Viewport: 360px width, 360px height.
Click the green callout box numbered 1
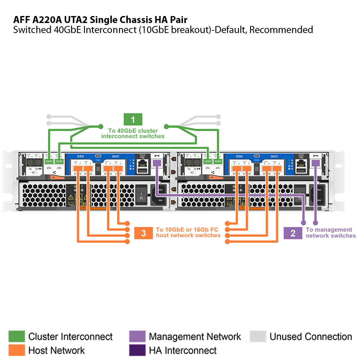point(133,119)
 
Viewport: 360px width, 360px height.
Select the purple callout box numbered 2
point(293,233)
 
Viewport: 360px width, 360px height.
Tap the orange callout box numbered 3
point(143,233)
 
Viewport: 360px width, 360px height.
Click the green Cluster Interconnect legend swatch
point(17,336)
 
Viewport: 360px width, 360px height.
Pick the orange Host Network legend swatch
point(17,350)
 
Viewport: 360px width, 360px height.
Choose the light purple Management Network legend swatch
point(137,336)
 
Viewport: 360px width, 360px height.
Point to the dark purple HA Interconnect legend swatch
point(137,350)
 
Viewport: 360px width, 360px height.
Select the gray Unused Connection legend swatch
point(258,336)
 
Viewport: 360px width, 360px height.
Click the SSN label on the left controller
point(81,156)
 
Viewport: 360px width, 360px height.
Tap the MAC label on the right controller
point(274,156)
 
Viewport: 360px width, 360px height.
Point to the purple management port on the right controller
point(315,163)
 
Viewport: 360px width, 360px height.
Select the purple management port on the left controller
point(157,163)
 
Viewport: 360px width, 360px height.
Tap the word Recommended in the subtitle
point(281,30)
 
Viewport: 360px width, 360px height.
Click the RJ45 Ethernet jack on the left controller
point(143,163)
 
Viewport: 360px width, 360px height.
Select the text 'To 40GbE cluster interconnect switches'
point(133,133)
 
